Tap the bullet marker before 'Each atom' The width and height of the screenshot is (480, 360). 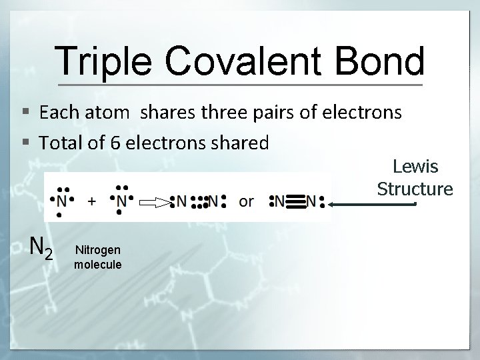[25, 112]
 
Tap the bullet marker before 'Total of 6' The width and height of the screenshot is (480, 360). [25, 142]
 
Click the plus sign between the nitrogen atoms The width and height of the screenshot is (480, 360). [91, 200]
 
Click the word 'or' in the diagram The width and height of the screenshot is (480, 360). [246, 201]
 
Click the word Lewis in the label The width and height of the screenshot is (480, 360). [415, 165]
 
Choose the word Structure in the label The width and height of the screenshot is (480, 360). [415, 189]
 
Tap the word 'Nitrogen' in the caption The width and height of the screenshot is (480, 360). [98, 250]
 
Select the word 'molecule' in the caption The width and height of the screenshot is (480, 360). [98, 265]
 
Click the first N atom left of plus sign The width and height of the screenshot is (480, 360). [62, 200]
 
